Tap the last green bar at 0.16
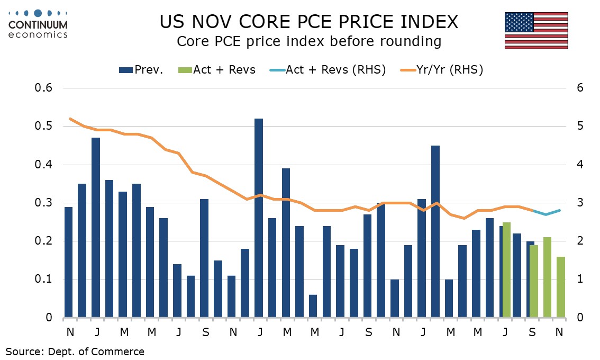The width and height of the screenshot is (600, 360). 561,287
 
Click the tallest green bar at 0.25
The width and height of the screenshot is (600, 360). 506,270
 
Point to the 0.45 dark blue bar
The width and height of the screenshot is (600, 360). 435,231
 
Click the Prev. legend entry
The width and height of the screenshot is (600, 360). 141,69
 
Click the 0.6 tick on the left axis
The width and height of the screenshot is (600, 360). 44,88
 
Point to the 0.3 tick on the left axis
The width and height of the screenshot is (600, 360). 44,203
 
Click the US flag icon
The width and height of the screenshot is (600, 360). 536,31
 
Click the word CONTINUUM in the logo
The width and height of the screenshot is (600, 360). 38,25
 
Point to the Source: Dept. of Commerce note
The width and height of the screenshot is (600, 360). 75,351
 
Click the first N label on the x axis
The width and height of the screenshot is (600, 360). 69,331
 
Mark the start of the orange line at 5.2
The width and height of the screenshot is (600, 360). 70,119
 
